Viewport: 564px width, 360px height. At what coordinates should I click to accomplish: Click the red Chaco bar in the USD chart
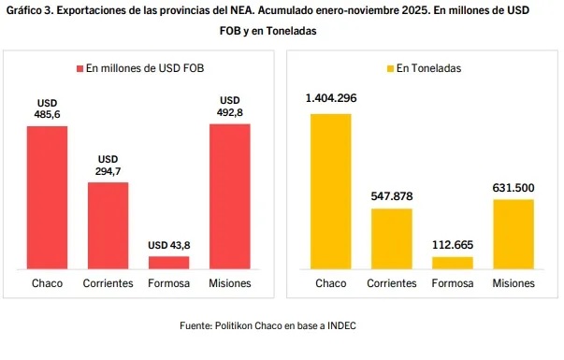(47, 197)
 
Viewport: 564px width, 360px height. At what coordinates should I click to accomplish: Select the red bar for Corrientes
(108, 225)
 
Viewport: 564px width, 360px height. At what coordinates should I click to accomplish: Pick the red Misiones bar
(230, 196)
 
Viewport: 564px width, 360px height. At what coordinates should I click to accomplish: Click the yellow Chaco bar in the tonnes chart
(330, 191)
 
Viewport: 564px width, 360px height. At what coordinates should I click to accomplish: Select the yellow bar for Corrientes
(391, 238)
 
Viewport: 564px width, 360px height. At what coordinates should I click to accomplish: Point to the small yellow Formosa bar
(452, 263)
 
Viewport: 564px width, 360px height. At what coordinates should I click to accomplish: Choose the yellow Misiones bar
(513, 234)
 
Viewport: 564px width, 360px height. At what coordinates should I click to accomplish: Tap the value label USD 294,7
(108, 165)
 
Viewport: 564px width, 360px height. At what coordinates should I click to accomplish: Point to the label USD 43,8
(168, 245)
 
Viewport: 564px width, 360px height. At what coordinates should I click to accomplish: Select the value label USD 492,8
(230, 107)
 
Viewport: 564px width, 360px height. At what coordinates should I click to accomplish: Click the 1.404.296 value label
(330, 98)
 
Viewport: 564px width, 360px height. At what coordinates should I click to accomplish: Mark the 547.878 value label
(391, 195)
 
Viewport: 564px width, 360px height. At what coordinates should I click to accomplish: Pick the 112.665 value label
(452, 244)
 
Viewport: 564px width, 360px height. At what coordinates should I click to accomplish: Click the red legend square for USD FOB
(80, 68)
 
